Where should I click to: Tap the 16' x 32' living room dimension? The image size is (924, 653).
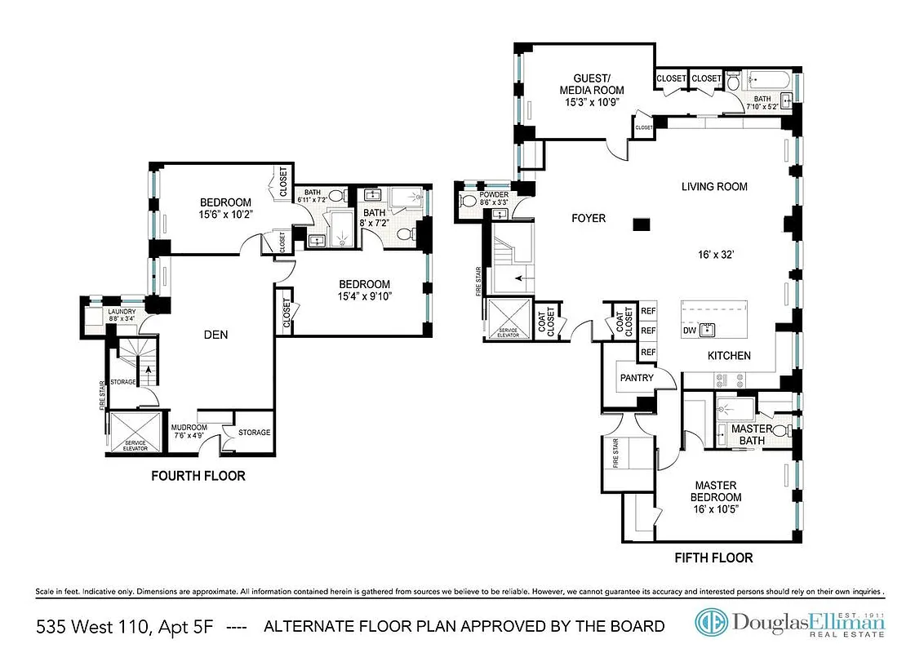pyautogui.click(x=714, y=254)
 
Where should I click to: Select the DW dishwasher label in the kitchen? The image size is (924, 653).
pyautogui.click(x=691, y=331)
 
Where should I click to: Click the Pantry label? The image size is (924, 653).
pyautogui.click(x=637, y=378)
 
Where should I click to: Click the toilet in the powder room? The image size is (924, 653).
pyautogui.click(x=469, y=201)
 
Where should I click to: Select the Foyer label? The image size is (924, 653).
pyautogui.click(x=587, y=218)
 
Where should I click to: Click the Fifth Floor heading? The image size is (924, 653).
pyautogui.click(x=713, y=558)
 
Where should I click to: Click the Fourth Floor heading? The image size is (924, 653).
pyautogui.click(x=198, y=476)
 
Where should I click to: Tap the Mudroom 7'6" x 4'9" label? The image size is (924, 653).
pyautogui.click(x=189, y=431)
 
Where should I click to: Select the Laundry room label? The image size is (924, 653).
pyautogui.click(x=122, y=315)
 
